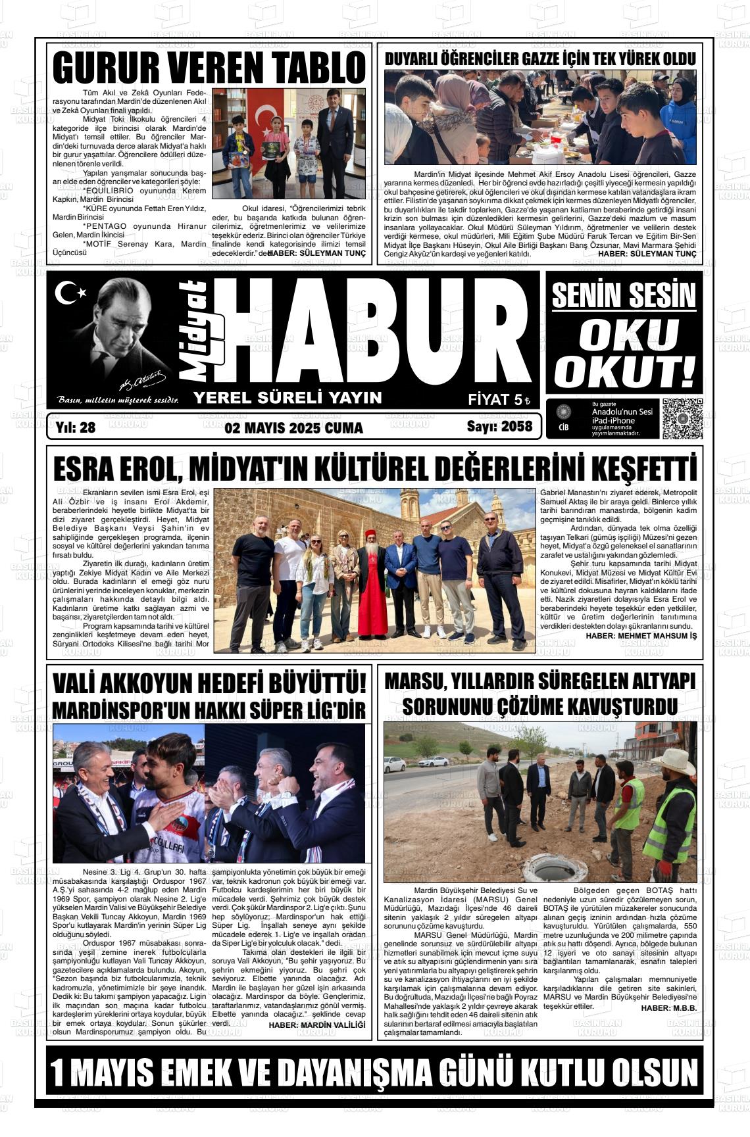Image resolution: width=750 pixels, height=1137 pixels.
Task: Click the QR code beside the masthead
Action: pos(682,418)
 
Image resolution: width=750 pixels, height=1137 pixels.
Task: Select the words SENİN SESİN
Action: pos(624,295)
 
